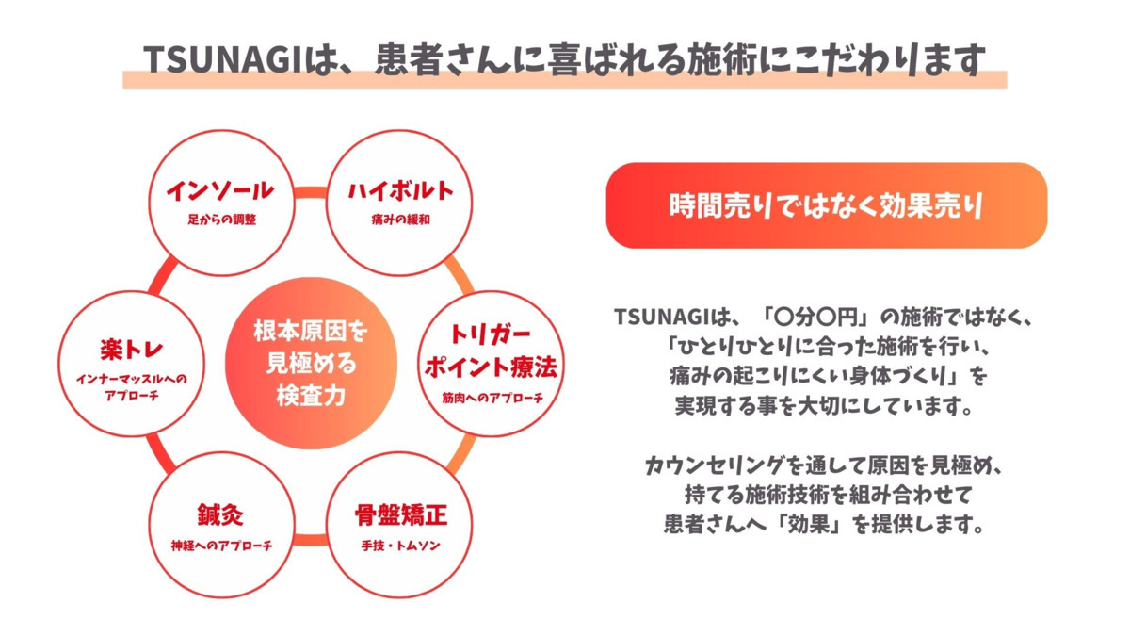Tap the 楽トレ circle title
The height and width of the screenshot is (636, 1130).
131,351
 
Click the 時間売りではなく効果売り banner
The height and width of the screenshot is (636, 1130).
826,205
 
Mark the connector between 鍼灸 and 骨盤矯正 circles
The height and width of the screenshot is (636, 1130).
308,540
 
